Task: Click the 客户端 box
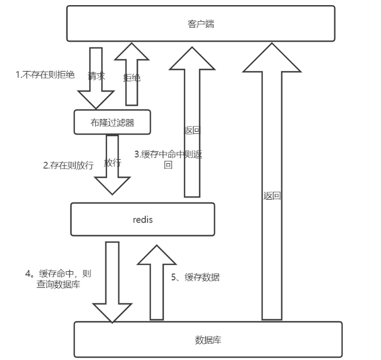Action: pyautogui.click(x=201, y=23)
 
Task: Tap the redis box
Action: pyautogui.click(x=142, y=219)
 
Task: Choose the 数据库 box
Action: pyautogui.click(x=208, y=339)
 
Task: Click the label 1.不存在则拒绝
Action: pyautogui.click(x=45, y=76)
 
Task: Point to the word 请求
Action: pyautogui.click(x=96, y=76)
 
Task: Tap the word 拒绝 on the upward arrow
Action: pyautogui.click(x=131, y=77)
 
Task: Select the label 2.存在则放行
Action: pyautogui.click(x=68, y=165)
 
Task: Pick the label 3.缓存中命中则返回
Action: pyautogui.click(x=168, y=159)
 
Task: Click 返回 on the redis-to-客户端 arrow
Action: pyautogui.click(x=192, y=130)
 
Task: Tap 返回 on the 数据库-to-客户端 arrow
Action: pyautogui.click(x=272, y=195)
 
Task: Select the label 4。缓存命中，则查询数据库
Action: pyautogui.click(x=58, y=278)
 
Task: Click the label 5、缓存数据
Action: pyautogui.click(x=195, y=277)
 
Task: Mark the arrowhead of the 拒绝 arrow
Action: pyautogui.click(x=131, y=52)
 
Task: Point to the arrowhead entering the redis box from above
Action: pyautogui.click(x=112, y=186)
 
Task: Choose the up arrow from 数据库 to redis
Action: pyautogui.click(x=156, y=283)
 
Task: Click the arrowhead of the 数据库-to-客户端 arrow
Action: pyautogui.click(x=272, y=58)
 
